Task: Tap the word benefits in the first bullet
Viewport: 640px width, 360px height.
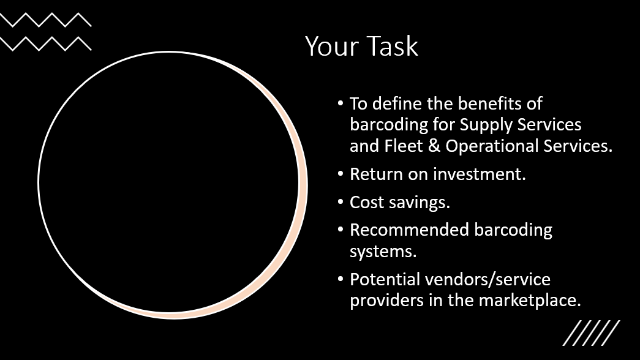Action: click(478, 103)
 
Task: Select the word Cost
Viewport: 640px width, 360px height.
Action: click(366, 202)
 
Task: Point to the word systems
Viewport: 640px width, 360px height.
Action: click(378, 252)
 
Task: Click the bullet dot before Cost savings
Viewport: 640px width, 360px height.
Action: click(341, 202)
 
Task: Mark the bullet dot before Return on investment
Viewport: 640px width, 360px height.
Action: click(341, 174)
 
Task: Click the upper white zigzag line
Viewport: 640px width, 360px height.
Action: click(46, 20)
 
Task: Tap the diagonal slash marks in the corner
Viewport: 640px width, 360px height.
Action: click(591, 333)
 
